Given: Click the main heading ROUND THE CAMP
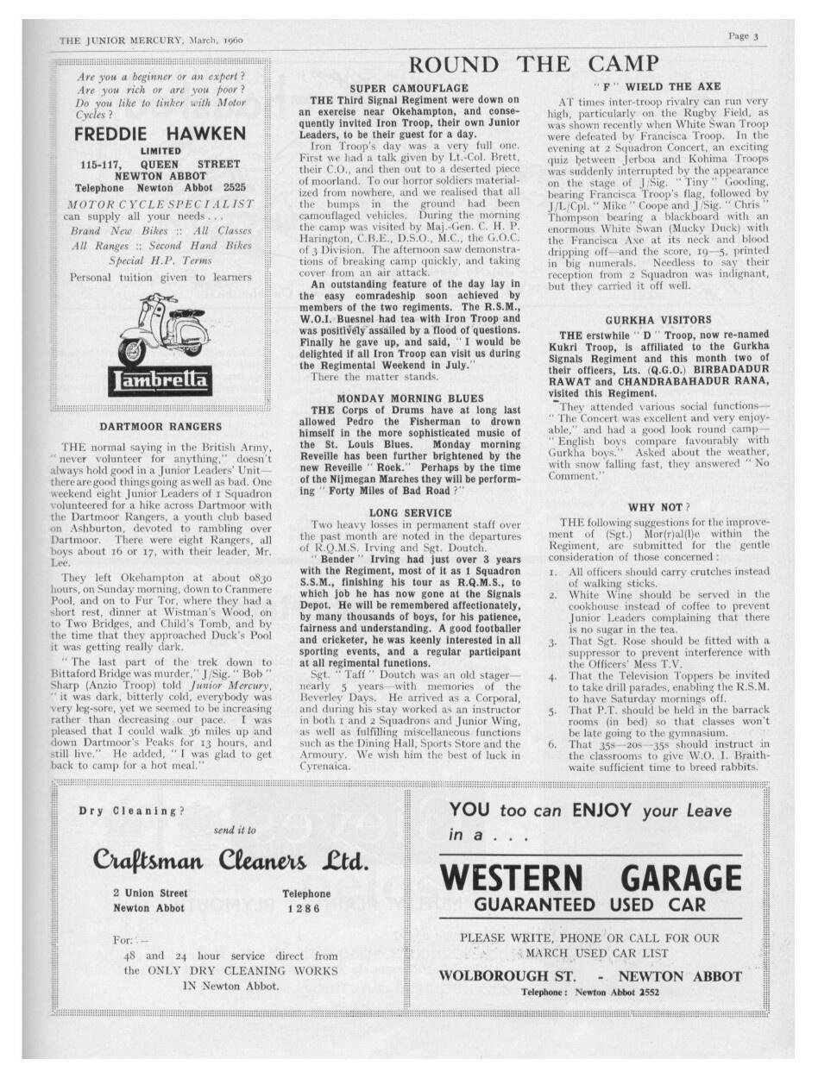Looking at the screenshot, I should (533, 64).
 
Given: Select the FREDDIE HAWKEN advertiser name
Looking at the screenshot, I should (160, 134).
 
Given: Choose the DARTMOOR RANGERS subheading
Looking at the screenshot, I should (160, 426).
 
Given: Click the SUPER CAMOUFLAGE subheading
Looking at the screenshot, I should (409, 88).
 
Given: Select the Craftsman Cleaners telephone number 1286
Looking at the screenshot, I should (304, 908).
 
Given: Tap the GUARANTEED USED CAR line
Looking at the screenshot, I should (590, 905).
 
